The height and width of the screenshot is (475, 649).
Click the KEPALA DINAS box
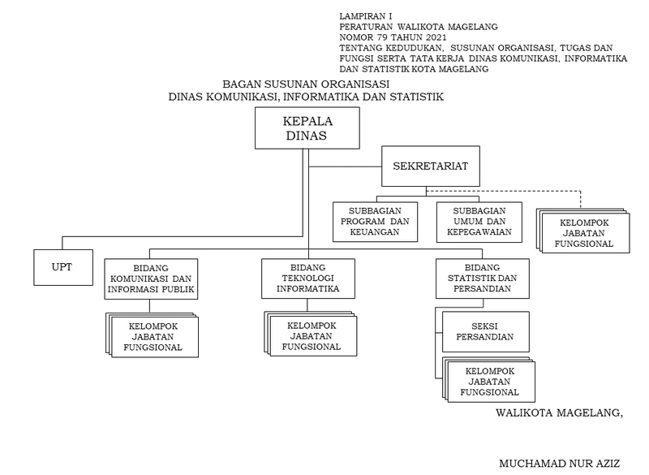[307, 128]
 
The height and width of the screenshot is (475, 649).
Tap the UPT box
[62, 267]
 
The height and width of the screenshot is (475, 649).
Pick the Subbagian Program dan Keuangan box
[374, 221]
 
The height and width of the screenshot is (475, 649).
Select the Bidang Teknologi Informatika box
[307, 279]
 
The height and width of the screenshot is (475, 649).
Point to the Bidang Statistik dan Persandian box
[481, 279]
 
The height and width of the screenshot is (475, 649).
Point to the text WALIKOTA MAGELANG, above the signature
[559, 412]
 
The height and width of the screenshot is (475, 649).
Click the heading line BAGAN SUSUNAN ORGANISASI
[306, 84]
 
